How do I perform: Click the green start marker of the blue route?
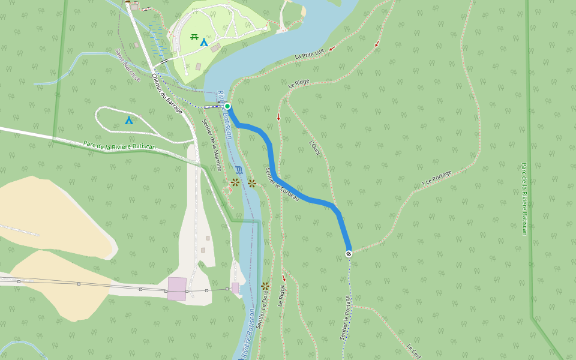[x=227, y=106]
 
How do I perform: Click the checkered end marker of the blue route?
[x=349, y=254]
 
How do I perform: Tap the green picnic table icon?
[x=194, y=37]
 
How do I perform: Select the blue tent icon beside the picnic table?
[x=204, y=43]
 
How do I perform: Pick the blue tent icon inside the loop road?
[x=128, y=121]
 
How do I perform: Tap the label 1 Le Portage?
[x=436, y=177]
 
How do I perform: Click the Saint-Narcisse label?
[x=128, y=66]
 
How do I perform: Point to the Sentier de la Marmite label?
[x=211, y=145]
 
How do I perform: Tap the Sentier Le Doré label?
[x=261, y=311]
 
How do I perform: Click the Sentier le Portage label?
[x=345, y=318]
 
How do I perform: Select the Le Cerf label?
[x=413, y=352]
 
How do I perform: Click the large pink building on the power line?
[x=177, y=289]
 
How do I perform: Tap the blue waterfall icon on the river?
[x=239, y=170]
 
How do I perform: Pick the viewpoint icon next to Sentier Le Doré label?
[x=265, y=286]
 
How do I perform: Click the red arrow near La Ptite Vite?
[x=377, y=43]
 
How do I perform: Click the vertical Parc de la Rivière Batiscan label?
[x=524, y=198]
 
